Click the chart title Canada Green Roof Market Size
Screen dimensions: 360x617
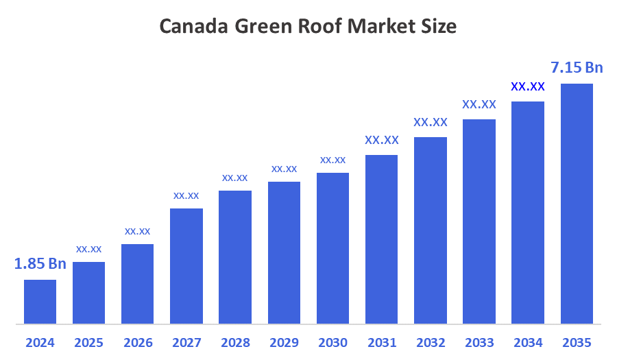point(308,27)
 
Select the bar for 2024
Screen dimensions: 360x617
point(40,302)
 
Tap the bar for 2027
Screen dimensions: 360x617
point(186,266)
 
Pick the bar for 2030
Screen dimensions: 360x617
point(332,248)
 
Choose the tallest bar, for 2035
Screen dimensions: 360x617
point(577,204)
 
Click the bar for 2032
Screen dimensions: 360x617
point(431,230)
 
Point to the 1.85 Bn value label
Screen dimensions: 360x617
point(40,264)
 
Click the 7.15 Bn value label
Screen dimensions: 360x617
point(577,67)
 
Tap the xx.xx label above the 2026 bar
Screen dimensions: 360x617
point(137,231)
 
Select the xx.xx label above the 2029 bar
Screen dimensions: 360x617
point(284,169)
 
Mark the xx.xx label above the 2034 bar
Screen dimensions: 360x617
point(528,87)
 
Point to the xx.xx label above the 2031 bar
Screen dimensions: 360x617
point(382,140)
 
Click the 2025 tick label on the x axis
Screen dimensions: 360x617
point(88,342)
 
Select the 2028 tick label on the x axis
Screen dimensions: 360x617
point(235,342)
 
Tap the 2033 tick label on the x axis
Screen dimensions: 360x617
point(479,342)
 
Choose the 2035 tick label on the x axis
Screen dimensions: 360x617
point(577,342)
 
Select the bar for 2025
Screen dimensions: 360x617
point(88,293)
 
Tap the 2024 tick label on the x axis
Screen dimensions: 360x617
point(40,342)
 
